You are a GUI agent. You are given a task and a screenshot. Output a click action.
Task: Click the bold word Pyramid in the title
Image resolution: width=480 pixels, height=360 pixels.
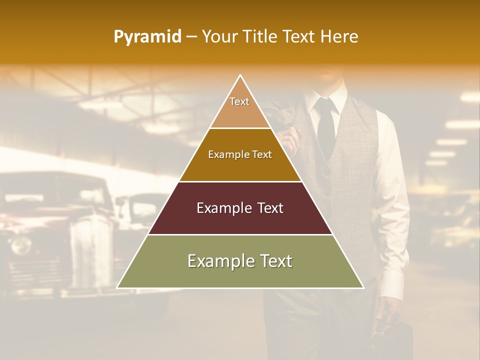[x=147, y=37]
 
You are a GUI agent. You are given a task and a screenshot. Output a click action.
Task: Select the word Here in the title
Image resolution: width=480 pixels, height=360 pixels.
[x=339, y=37]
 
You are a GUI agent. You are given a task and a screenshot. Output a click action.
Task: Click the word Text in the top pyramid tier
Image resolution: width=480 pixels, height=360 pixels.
[x=239, y=101]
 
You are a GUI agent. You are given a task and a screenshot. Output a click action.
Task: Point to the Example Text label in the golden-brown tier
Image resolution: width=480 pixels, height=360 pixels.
[x=240, y=154]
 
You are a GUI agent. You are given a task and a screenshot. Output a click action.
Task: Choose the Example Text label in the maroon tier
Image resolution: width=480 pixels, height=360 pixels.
[x=240, y=208]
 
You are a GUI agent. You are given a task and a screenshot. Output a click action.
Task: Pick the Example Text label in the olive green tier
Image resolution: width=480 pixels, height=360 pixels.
[x=240, y=261]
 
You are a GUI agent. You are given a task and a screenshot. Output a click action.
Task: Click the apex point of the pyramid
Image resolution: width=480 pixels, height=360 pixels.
[x=240, y=75]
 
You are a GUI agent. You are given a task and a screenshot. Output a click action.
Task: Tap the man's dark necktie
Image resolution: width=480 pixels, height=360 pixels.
[x=326, y=125]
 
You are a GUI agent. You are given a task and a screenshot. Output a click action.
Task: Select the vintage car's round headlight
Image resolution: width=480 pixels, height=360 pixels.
[x=21, y=245]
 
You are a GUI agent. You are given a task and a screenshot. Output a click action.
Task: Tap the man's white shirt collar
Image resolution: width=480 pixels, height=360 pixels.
[x=330, y=97]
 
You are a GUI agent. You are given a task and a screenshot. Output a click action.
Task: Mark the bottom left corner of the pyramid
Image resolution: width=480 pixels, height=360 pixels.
[x=117, y=288]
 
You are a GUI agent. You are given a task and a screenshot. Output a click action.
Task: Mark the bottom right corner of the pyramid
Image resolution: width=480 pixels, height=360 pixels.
[x=363, y=288]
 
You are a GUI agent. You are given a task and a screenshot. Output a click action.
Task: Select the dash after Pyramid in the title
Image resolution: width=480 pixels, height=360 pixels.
[x=191, y=37]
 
